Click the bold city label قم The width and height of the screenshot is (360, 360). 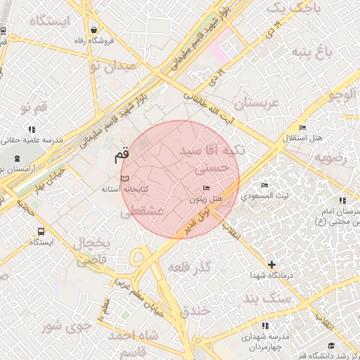tap(122, 153)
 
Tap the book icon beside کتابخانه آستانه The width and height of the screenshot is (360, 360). tap(125, 179)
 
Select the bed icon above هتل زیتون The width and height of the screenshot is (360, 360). tap(205, 188)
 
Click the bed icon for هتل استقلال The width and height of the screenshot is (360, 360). tap(302, 127)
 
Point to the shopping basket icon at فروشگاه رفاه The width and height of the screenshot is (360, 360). tap(94, 30)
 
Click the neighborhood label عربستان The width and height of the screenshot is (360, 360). tap(257, 103)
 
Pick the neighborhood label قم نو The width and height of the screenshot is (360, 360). tap(34, 108)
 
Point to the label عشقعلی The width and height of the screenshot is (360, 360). tap(146, 211)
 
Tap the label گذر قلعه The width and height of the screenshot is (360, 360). tap(192, 266)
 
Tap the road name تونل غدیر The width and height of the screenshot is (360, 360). tap(198, 219)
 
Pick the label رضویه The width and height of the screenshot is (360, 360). tap(330, 157)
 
